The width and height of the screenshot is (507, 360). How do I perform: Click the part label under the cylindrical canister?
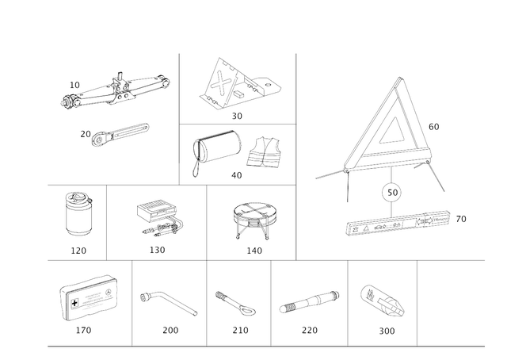click(x=78, y=250)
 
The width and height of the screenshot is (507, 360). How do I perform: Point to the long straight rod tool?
click(x=308, y=302)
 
